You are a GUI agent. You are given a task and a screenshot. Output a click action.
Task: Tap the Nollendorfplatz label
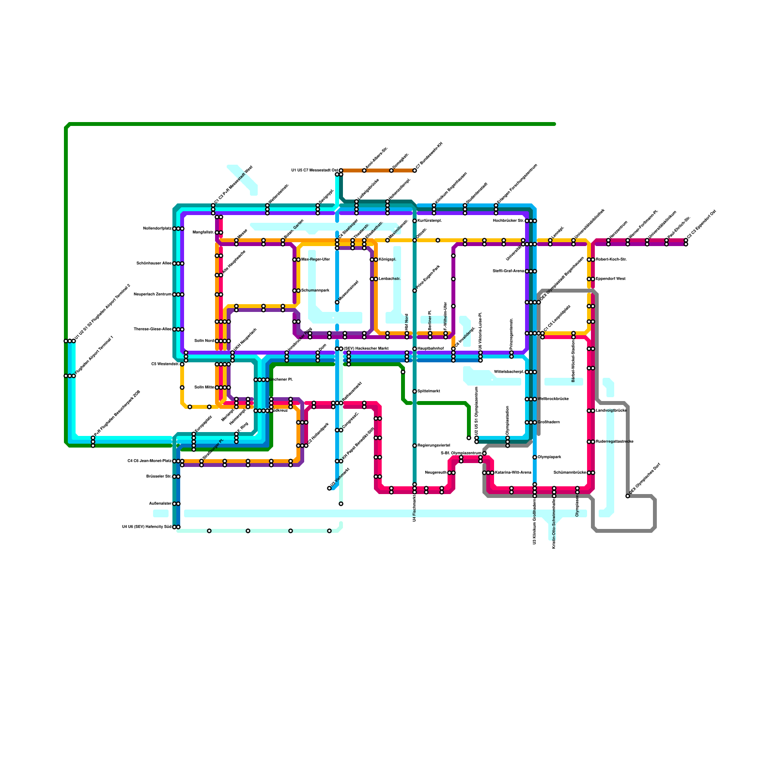tap(157, 229)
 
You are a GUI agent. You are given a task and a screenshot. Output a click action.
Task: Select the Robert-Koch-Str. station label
tap(611, 260)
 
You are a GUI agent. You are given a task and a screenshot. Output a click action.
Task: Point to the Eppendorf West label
tap(610, 279)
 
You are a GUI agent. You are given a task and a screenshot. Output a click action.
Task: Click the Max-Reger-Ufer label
tap(315, 260)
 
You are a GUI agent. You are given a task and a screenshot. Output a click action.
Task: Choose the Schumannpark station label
tap(315, 291)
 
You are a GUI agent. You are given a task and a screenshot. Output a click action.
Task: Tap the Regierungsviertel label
tap(434, 446)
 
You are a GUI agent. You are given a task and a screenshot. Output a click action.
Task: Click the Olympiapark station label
tap(549, 457)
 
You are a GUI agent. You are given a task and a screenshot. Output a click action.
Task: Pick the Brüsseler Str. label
tap(159, 477)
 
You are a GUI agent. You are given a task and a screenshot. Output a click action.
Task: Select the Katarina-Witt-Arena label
tap(513, 473)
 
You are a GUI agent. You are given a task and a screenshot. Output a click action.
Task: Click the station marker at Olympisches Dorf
tap(628, 496)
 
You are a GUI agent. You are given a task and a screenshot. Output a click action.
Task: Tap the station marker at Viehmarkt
tap(329, 488)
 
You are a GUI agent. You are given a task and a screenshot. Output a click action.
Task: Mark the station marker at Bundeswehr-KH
tap(415, 170)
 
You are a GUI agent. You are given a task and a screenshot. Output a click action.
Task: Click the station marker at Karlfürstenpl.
tap(415, 221)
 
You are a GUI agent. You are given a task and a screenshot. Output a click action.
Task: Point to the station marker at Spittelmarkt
tap(415, 391)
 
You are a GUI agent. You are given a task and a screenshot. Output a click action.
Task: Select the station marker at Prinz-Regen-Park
tap(415, 291)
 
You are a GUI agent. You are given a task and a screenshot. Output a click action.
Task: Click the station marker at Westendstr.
tap(182, 364)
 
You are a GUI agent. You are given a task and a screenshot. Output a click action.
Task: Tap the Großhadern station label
tap(549, 422)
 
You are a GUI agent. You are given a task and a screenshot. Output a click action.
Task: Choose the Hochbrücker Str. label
tap(509, 221)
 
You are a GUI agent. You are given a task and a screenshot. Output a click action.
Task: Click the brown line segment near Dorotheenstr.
tap(378, 170)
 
